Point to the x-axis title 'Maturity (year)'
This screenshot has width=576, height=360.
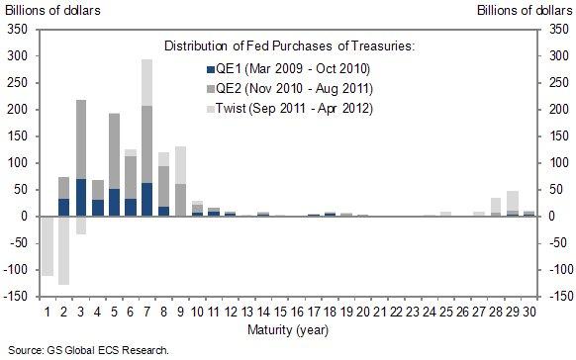(x=287, y=328)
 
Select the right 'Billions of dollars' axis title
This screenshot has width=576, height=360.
(x=525, y=11)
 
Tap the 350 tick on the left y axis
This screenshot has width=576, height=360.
(x=17, y=29)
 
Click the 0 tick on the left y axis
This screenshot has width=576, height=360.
(x=24, y=217)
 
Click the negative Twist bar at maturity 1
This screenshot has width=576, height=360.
(x=47, y=245)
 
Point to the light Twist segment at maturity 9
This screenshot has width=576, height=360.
(x=180, y=165)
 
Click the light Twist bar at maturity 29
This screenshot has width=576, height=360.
(x=512, y=201)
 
